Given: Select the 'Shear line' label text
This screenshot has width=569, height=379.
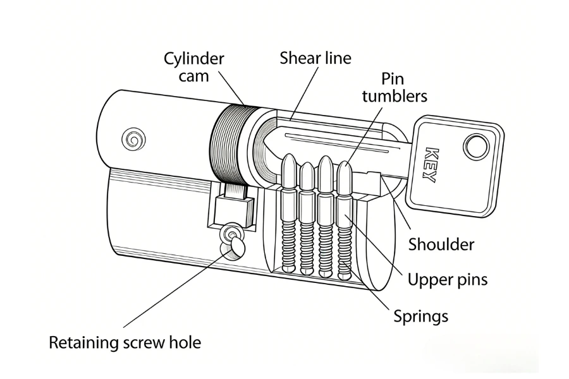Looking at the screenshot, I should [x=315, y=58].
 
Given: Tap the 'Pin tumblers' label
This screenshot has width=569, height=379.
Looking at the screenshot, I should [x=404, y=88].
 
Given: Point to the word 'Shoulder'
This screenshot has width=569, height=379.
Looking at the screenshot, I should [x=441, y=244].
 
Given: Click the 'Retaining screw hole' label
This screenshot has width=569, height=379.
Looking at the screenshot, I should [x=125, y=343].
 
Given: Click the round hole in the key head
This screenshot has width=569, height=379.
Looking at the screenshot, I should [x=475, y=147].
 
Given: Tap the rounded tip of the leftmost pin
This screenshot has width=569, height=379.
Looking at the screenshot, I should [x=289, y=163].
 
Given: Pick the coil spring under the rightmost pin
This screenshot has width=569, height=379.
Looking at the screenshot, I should [x=344, y=250].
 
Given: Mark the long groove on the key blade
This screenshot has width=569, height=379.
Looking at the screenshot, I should [x=341, y=140].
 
